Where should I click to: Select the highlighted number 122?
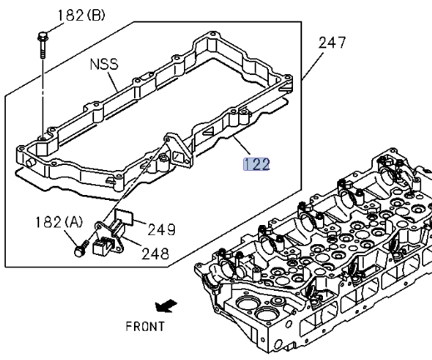point(256,164)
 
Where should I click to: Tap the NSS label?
point(104,63)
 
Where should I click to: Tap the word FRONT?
point(145,327)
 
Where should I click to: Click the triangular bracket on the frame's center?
point(177,148)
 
